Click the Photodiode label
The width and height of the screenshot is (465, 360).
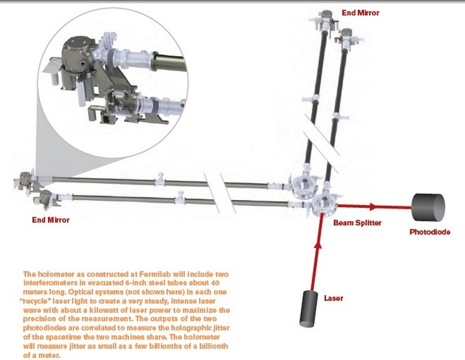tap(429, 232)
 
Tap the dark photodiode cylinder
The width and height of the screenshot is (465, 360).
tap(428, 207)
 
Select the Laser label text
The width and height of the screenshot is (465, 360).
tap(334, 298)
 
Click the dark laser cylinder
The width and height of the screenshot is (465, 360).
tap(309, 308)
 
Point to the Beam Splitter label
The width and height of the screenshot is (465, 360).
tap(357, 223)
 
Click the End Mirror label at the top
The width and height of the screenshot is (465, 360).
tap(360, 13)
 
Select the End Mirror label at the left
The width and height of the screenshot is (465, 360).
tap(51, 220)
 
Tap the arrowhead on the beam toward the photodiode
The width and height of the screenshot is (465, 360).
tap(373, 206)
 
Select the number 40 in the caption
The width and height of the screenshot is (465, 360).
tap(215, 283)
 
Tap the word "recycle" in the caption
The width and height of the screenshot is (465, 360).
tap(34, 301)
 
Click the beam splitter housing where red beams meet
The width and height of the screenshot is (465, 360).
tap(325, 205)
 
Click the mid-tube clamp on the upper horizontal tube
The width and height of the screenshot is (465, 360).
tap(160, 179)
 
